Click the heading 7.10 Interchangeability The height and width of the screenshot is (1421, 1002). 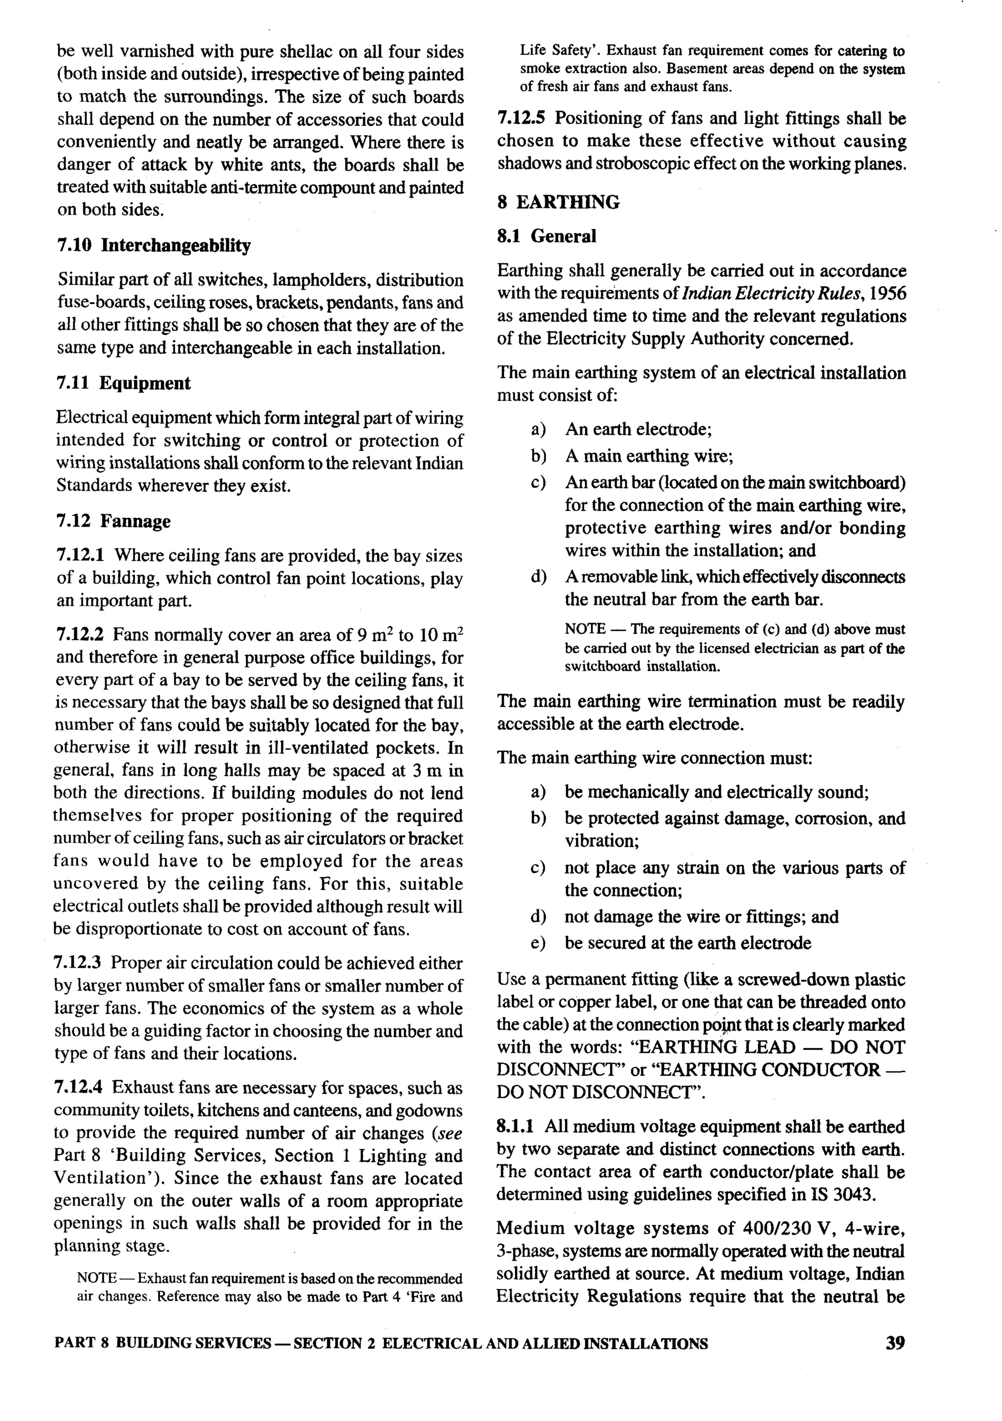click(154, 245)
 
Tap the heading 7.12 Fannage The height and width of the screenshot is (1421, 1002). click(114, 521)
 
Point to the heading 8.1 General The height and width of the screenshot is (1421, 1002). click(546, 236)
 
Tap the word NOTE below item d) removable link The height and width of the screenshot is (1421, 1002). click(585, 629)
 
